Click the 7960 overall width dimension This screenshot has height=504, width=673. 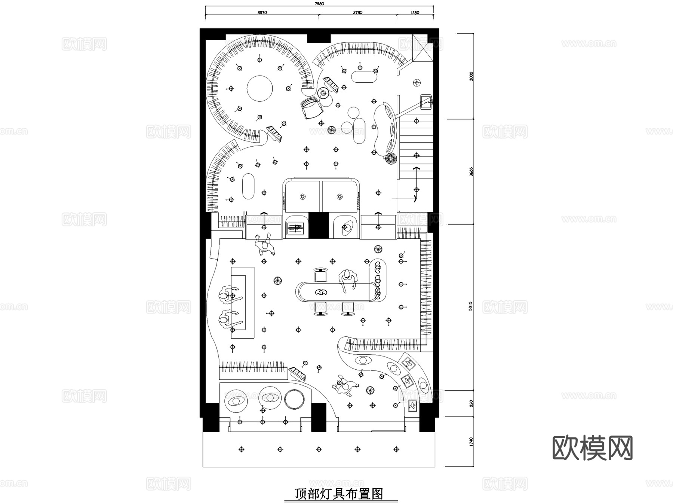(x=319, y=4)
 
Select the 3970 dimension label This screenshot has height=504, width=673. (x=262, y=13)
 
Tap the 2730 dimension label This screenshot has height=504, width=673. (x=357, y=13)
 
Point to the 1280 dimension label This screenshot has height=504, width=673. (x=415, y=13)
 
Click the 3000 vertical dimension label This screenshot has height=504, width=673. (x=471, y=76)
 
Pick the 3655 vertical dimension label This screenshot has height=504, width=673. (x=471, y=172)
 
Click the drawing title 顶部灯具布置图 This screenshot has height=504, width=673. (x=339, y=494)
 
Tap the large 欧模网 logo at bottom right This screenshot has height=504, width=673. (x=593, y=448)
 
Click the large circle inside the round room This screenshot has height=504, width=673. (x=259, y=89)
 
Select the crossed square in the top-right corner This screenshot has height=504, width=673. (x=422, y=48)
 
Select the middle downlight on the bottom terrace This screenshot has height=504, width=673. (x=319, y=449)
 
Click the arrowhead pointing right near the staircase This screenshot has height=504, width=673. (x=415, y=198)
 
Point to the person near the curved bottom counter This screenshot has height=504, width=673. (x=346, y=386)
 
